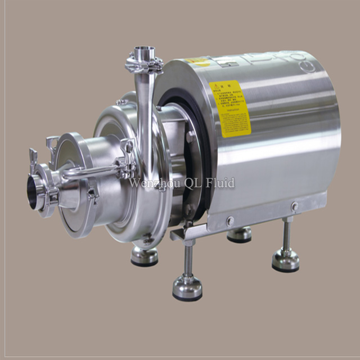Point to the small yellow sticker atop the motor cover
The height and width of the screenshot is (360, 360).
(196, 61)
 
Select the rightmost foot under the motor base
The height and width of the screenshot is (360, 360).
(286, 260)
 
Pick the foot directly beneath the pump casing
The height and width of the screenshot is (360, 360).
(144, 256)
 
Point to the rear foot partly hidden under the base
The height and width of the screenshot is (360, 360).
(240, 235)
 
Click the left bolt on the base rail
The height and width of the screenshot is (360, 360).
(229, 220)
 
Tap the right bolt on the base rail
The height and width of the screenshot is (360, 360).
(294, 207)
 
